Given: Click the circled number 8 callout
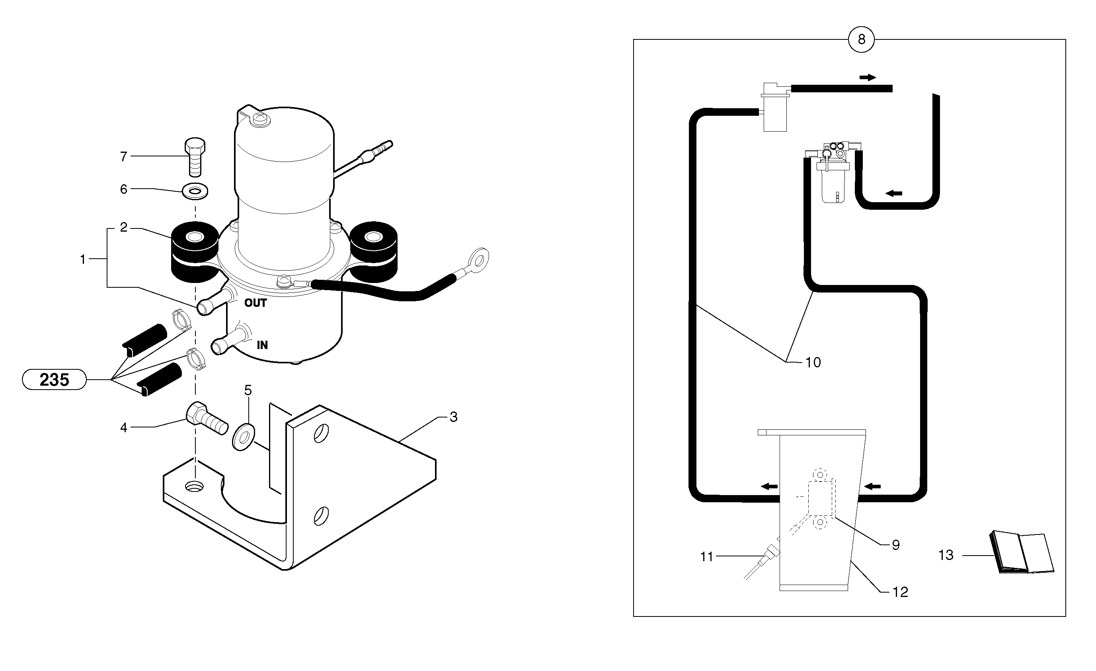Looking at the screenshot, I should coord(861,40).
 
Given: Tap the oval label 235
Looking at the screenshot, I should coord(54,380).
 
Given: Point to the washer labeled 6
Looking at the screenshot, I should coord(195,192).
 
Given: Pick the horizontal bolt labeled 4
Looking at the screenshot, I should coord(205,418).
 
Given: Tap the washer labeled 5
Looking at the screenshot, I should coord(243,437).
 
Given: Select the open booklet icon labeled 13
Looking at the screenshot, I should coord(1021,552).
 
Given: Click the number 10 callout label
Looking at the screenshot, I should coord(813,363).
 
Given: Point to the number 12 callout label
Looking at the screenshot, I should coord(900,592).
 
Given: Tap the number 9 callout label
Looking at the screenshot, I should coord(895,545).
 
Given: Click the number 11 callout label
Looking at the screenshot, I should coord(706,557).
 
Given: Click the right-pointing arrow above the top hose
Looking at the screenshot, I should coord(868,78).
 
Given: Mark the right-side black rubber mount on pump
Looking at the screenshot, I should coord(373,253).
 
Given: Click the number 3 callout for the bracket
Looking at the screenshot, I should coord(453,417).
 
